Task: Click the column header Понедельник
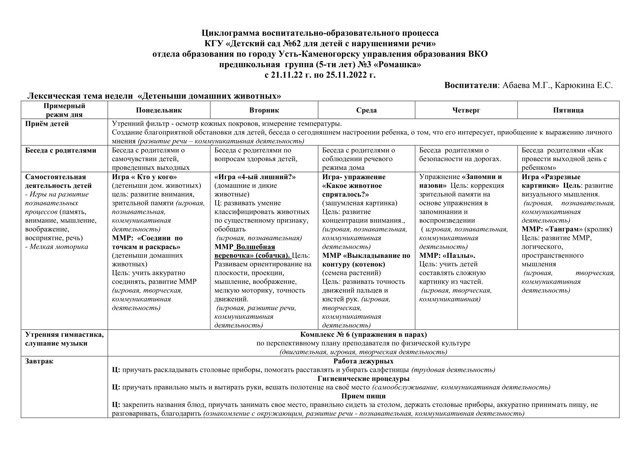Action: pyautogui.click(x=159, y=110)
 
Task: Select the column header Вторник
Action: pyautogui.click(x=264, y=110)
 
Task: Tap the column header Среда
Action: pyautogui.click(x=366, y=110)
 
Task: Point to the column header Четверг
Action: pyautogui.click(x=466, y=110)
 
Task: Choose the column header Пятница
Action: pyautogui.click(x=568, y=110)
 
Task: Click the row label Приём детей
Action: pyautogui.click(x=47, y=124)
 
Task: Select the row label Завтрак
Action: pyautogui.click(x=39, y=361)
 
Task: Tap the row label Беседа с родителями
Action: pyautogui.click(x=60, y=150)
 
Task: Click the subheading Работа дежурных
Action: pyautogui.click(x=363, y=361)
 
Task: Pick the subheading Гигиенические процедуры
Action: pyautogui.click(x=363, y=379)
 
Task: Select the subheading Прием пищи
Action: pyautogui.click(x=363, y=396)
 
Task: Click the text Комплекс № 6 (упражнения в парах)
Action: pyautogui.click(x=363, y=335)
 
